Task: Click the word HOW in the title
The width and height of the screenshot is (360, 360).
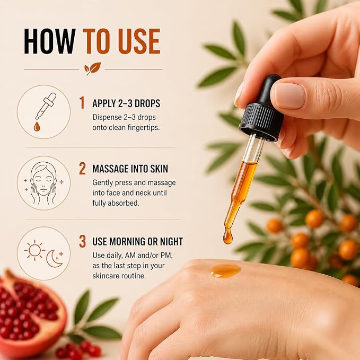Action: coord(50,41)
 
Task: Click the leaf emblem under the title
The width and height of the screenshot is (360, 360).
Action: coord(92,68)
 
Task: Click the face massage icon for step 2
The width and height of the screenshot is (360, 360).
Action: coord(43,183)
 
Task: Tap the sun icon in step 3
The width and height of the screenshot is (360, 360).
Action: coord(34,250)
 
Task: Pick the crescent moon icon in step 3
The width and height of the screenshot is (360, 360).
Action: coord(55,259)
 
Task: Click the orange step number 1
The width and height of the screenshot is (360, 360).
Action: coord(82,102)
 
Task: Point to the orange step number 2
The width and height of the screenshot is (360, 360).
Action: coord(82,169)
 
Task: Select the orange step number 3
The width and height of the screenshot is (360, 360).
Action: coord(82,241)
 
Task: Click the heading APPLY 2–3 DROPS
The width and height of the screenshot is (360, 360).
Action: coord(126,103)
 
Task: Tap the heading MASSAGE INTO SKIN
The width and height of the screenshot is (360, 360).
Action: coord(130,169)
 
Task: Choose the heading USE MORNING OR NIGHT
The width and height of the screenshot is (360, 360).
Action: coord(138,242)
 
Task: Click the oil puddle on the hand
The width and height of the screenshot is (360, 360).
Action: coord(225,270)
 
